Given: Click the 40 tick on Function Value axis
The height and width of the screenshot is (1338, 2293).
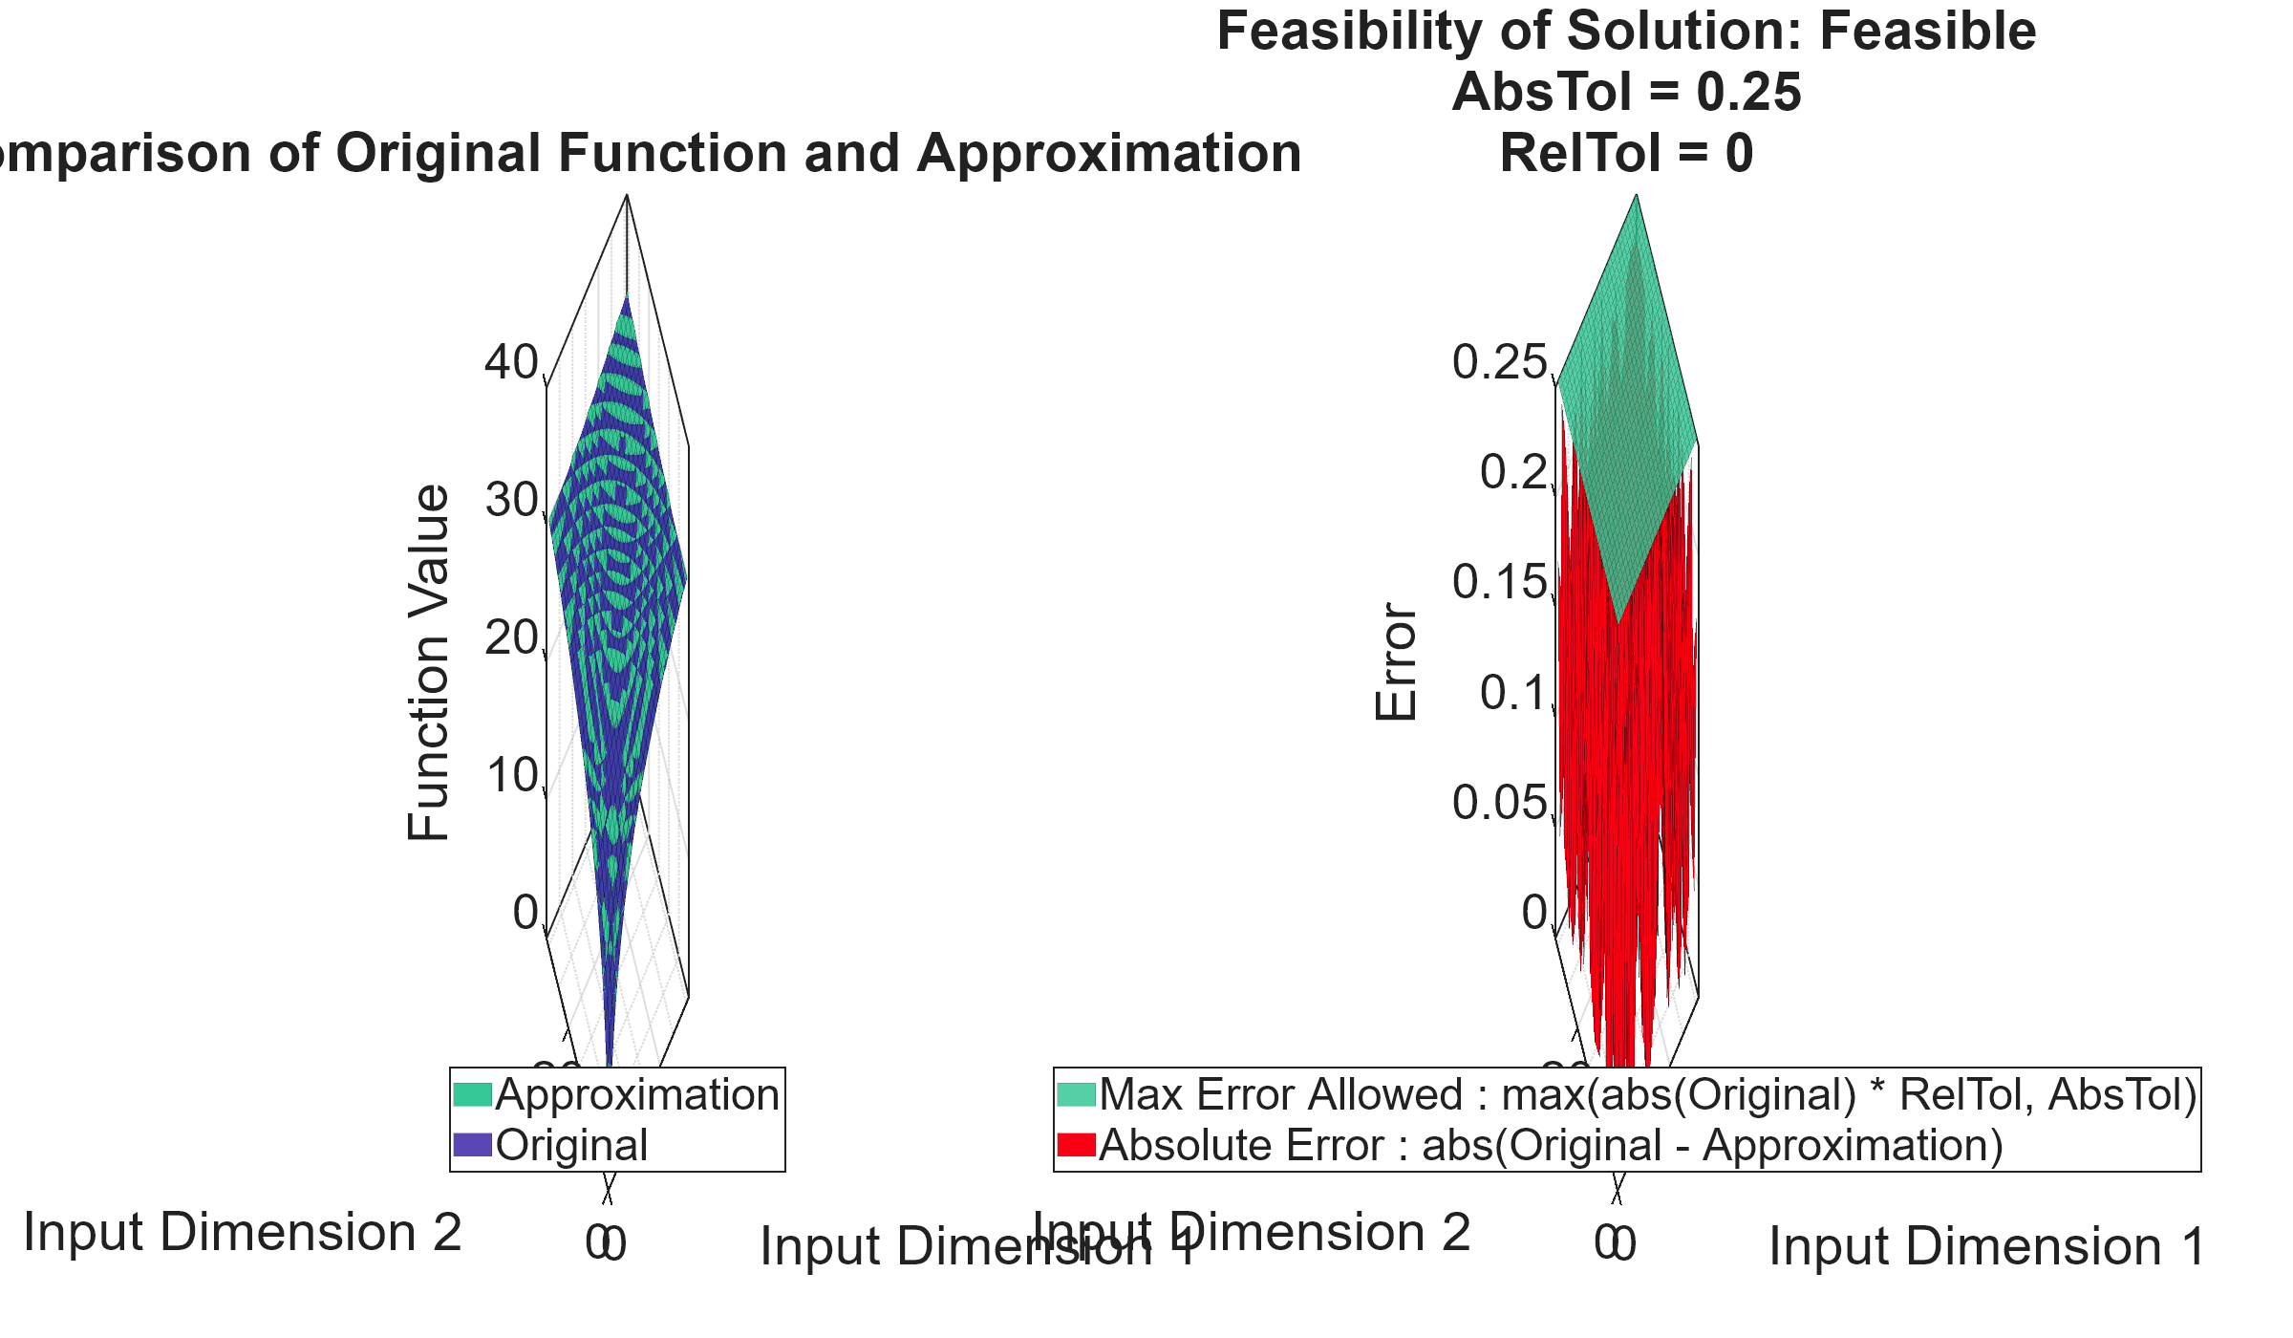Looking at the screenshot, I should (x=512, y=363).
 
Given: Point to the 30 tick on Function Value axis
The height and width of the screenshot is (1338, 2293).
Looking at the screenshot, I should (x=512, y=501).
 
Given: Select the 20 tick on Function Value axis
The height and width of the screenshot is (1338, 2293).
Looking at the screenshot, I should (x=512, y=638).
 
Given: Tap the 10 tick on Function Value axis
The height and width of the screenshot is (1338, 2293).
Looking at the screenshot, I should (x=512, y=776).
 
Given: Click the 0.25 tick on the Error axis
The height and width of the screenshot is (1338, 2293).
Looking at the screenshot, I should (x=1499, y=363).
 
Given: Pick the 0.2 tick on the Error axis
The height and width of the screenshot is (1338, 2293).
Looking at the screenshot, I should (x=1513, y=473).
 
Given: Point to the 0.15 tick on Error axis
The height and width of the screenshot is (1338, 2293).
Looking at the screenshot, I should (x=1499, y=583).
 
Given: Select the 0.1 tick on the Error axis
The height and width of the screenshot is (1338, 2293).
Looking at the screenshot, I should (x=1513, y=693).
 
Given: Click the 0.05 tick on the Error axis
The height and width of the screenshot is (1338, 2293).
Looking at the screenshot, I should (x=1499, y=803).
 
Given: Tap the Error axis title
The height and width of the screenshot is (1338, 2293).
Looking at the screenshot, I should (x=1397, y=661).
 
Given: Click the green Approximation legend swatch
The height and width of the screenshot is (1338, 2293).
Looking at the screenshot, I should (x=472, y=1094).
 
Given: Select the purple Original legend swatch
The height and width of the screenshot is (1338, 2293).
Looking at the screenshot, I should (x=472, y=1145).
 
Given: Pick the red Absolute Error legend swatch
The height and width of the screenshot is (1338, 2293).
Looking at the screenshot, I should (x=1076, y=1145).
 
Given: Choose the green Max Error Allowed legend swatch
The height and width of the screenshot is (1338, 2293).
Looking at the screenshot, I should (x=1076, y=1094).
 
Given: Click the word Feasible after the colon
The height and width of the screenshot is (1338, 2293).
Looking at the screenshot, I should (x=1927, y=32).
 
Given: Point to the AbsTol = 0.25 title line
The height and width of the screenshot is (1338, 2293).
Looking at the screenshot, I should (x=1626, y=93).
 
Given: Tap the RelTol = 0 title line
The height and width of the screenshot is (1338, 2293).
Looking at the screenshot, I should (x=1626, y=154).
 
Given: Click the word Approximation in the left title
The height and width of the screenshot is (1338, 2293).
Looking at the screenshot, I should (x=1108, y=154).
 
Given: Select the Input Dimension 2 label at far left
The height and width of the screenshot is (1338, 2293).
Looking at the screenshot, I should (x=243, y=1233).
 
